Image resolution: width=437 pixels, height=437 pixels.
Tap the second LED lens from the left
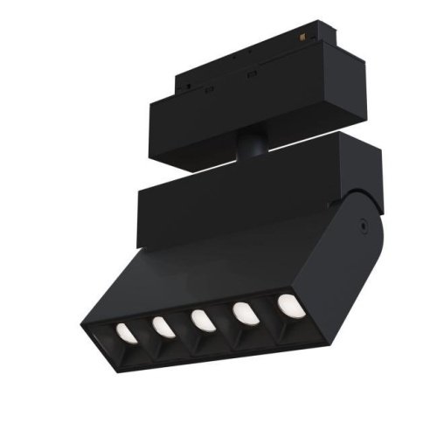[x=161, y=328]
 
